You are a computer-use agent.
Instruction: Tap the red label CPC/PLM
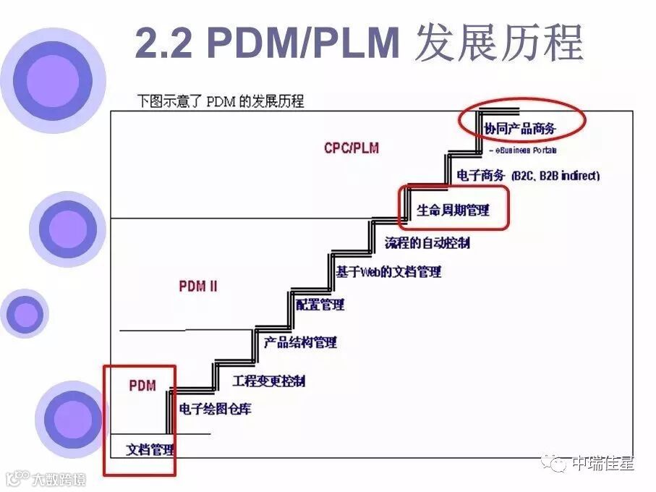click(352, 148)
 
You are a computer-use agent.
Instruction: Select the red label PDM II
click(197, 286)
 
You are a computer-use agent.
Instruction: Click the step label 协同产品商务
click(520, 129)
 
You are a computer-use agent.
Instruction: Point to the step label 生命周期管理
click(453, 211)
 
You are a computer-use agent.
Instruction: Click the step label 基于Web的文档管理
click(388, 272)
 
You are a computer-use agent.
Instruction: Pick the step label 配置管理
click(320, 305)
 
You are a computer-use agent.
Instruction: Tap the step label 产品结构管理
click(300, 342)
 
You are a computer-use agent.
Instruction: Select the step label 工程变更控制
click(268, 381)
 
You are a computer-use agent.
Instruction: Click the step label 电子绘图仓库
click(216, 410)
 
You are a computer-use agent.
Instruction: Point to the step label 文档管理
click(150, 449)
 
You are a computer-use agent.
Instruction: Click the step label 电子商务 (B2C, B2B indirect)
click(529, 176)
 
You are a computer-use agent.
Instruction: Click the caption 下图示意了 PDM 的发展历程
click(221, 101)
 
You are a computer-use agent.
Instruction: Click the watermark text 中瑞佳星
click(602, 464)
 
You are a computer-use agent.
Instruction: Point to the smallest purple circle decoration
click(25, 314)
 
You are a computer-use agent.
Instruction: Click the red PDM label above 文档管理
click(142, 386)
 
